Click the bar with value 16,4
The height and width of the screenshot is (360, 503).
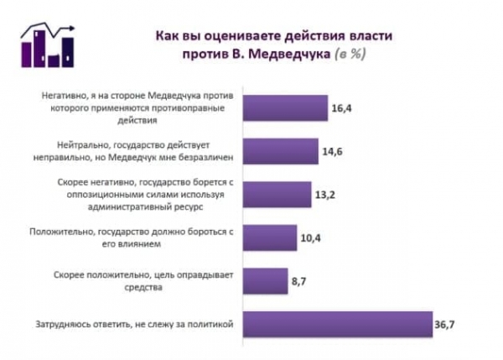tap(285, 107)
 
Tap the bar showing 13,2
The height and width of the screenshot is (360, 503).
tap(276, 195)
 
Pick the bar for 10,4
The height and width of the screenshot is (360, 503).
tap(269, 237)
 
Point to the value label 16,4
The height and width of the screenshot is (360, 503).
tap(341, 108)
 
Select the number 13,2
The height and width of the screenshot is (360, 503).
tap(325, 196)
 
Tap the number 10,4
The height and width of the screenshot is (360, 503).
tap(311, 238)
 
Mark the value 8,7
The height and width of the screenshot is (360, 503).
tap(299, 282)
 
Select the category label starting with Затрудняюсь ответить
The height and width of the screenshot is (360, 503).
tap(132, 323)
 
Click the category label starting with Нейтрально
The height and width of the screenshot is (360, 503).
tap(137, 149)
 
